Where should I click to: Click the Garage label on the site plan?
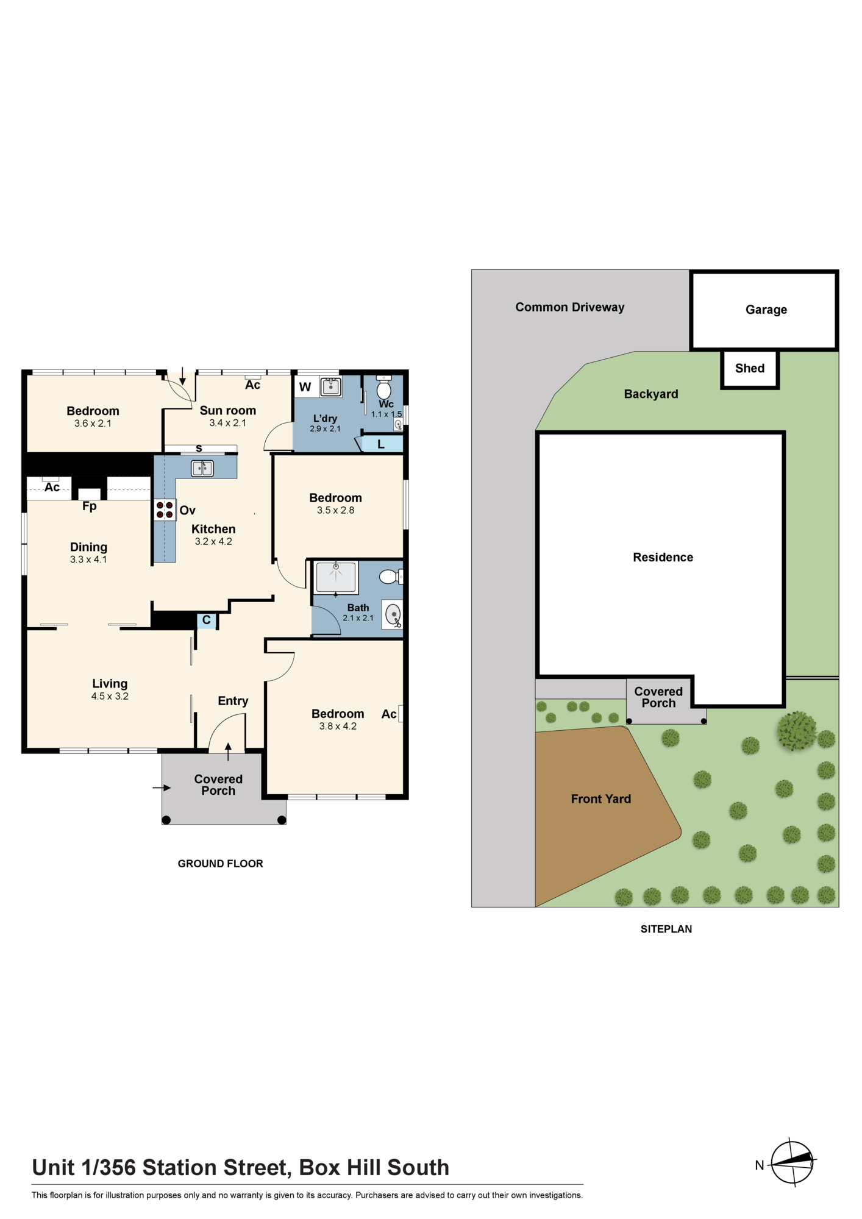(x=766, y=310)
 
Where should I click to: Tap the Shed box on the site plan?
(x=750, y=368)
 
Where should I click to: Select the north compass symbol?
(x=793, y=1162)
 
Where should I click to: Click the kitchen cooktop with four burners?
(x=165, y=510)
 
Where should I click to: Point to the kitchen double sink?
(x=202, y=468)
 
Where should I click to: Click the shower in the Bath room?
(x=336, y=577)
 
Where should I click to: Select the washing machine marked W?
(x=306, y=387)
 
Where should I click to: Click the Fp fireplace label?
(x=90, y=506)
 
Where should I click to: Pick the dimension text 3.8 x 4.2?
(x=338, y=726)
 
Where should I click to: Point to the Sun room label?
(x=228, y=410)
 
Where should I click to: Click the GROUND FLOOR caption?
(x=221, y=863)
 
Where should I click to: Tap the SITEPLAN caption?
(x=666, y=929)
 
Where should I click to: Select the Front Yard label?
(x=601, y=798)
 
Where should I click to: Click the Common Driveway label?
(x=570, y=307)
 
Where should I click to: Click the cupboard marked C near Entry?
(x=206, y=620)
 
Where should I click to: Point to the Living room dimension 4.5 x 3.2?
(x=110, y=696)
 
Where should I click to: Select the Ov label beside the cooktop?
(x=187, y=510)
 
